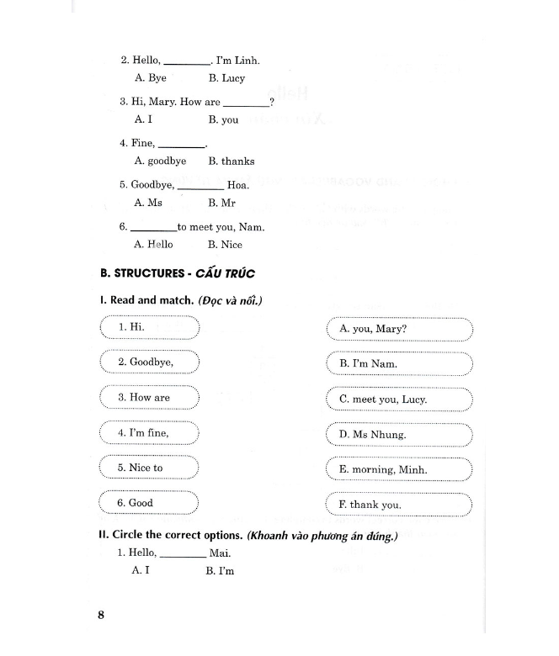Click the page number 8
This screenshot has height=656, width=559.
tap(100, 615)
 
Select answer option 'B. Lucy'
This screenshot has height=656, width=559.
tap(226, 78)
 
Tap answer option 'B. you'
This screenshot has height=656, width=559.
tap(223, 119)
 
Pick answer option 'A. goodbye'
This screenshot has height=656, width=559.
tap(160, 161)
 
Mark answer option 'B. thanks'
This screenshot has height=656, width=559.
tap(231, 161)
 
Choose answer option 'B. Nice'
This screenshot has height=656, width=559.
tap(224, 245)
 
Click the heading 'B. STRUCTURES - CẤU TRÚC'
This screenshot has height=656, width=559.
tap(177, 273)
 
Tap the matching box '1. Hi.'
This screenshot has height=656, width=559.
tap(148, 326)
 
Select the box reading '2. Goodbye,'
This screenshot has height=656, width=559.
tap(148, 362)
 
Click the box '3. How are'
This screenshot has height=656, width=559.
tap(148, 398)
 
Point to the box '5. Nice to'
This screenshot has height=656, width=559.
tap(148, 468)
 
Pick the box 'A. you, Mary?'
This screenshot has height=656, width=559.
tap(399, 329)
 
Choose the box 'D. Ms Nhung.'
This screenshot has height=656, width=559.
tap(399, 435)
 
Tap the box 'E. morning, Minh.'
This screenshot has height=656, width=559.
tap(399, 470)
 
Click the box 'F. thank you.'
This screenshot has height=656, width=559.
tap(399, 505)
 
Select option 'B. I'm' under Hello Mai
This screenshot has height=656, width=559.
tap(220, 571)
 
